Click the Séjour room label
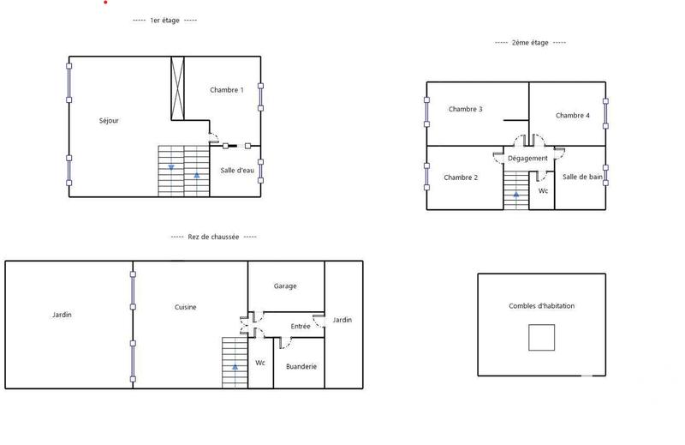109,121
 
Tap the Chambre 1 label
227,90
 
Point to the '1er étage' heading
165,21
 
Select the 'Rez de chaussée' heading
214,237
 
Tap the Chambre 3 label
465,109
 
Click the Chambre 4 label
572,116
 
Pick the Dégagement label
527,159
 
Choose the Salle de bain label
582,177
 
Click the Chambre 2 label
461,177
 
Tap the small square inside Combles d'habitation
540,338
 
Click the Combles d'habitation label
541,306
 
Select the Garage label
285,286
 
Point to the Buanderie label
301,366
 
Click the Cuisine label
186,307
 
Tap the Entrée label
301,327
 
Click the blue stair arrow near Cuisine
234,367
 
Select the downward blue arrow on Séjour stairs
171,167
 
